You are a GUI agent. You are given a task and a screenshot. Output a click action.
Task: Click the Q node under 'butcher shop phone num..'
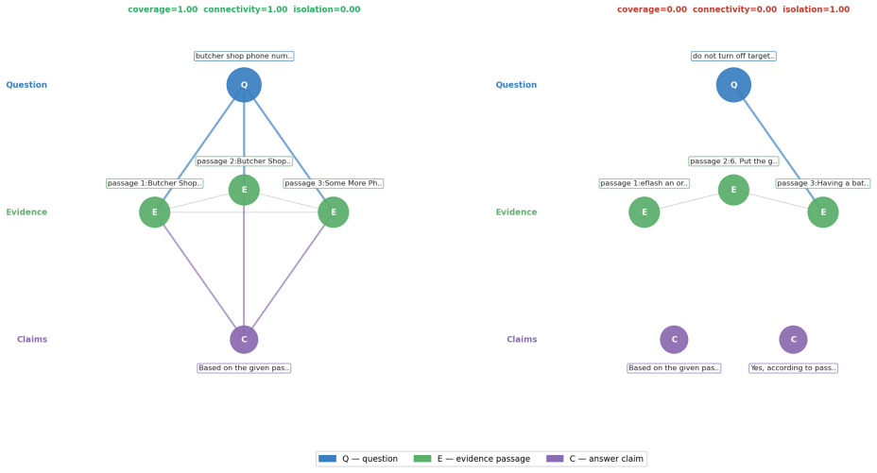point(244,85)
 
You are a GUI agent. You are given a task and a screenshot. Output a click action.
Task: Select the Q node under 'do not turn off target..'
point(733,85)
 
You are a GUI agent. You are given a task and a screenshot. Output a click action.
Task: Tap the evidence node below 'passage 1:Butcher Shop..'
point(154,212)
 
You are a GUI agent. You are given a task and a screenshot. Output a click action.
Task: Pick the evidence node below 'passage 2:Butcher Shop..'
point(244,190)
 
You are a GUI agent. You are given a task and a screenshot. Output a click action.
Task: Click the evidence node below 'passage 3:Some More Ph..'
point(334,212)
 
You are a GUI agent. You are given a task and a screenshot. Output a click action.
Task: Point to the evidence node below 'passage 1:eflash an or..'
point(644,212)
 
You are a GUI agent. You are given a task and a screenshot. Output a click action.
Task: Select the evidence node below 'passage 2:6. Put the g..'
point(733,190)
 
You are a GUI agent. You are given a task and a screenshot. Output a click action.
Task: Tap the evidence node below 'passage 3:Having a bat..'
point(823,212)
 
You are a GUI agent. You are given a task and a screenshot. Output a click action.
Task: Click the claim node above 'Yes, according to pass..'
point(793,340)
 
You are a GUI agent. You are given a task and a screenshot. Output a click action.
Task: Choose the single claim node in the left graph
point(244,340)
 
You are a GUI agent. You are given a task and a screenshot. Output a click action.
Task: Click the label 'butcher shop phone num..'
point(244,56)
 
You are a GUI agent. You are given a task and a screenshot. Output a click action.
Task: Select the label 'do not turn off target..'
point(733,56)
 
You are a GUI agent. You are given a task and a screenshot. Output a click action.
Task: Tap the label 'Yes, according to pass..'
point(793,368)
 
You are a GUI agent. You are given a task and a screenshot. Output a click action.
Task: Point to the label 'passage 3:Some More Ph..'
point(334,183)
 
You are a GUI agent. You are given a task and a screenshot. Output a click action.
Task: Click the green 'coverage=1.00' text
point(163,9)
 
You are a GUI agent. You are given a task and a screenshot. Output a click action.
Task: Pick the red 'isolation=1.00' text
point(816,9)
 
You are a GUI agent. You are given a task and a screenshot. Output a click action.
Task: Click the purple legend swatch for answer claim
point(555,459)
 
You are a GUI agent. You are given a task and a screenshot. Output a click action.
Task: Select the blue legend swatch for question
point(327,459)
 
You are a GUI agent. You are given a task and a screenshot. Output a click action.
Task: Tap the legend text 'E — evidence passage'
point(484,459)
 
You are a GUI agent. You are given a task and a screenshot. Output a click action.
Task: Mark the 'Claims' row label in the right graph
point(522,340)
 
